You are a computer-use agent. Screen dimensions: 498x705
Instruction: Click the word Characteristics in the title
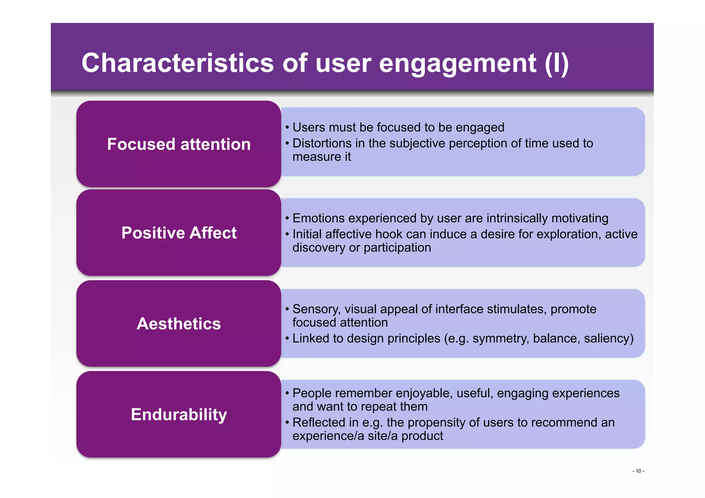178,63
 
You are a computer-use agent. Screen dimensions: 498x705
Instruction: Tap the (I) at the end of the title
556,63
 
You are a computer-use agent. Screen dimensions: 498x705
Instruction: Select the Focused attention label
179,144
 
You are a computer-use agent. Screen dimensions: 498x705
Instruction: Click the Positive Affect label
179,233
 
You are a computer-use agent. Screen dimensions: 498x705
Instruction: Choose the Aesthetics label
179,324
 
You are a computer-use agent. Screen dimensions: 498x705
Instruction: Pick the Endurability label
179,414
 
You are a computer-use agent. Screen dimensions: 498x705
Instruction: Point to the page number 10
638,471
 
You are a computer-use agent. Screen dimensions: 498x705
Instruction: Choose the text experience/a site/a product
368,436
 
